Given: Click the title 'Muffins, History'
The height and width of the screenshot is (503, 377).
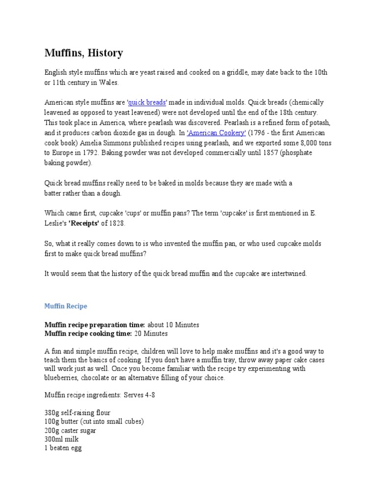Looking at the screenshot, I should click(x=84, y=53).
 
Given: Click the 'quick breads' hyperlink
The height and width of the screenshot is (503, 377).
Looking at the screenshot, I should click(x=147, y=103).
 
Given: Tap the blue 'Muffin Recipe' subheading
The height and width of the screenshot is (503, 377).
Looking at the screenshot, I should click(x=66, y=306).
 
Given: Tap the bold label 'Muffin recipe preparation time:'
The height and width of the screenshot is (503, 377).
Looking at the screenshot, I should click(x=95, y=325).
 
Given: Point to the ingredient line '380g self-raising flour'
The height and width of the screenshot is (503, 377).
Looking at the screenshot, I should click(x=78, y=413).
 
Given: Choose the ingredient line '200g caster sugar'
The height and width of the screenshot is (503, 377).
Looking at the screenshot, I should click(x=70, y=431).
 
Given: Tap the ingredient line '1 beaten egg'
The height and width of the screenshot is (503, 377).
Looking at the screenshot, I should click(x=63, y=448).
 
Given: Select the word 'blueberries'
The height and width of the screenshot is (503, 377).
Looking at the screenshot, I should click(x=61, y=378).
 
